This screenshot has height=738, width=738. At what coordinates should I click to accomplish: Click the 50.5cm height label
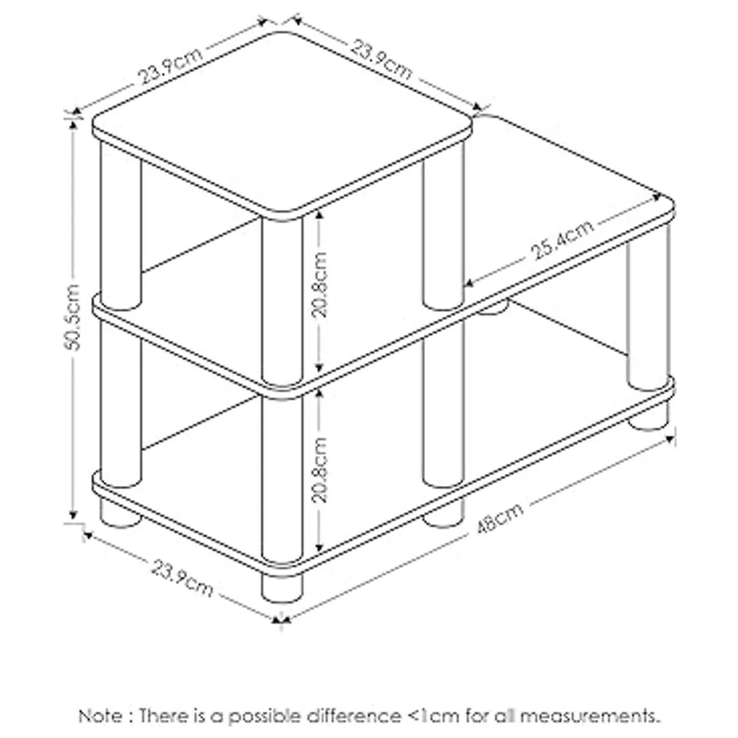click(71, 317)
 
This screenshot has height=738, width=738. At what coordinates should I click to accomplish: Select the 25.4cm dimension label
click(561, 240)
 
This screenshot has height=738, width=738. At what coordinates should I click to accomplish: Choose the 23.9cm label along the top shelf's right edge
click(382, 60)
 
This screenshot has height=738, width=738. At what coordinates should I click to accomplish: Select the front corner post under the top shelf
click(282, 301)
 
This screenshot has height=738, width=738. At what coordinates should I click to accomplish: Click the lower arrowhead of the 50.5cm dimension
click(73, 515)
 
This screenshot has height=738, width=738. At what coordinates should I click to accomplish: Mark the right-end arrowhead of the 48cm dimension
click(669, 439)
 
